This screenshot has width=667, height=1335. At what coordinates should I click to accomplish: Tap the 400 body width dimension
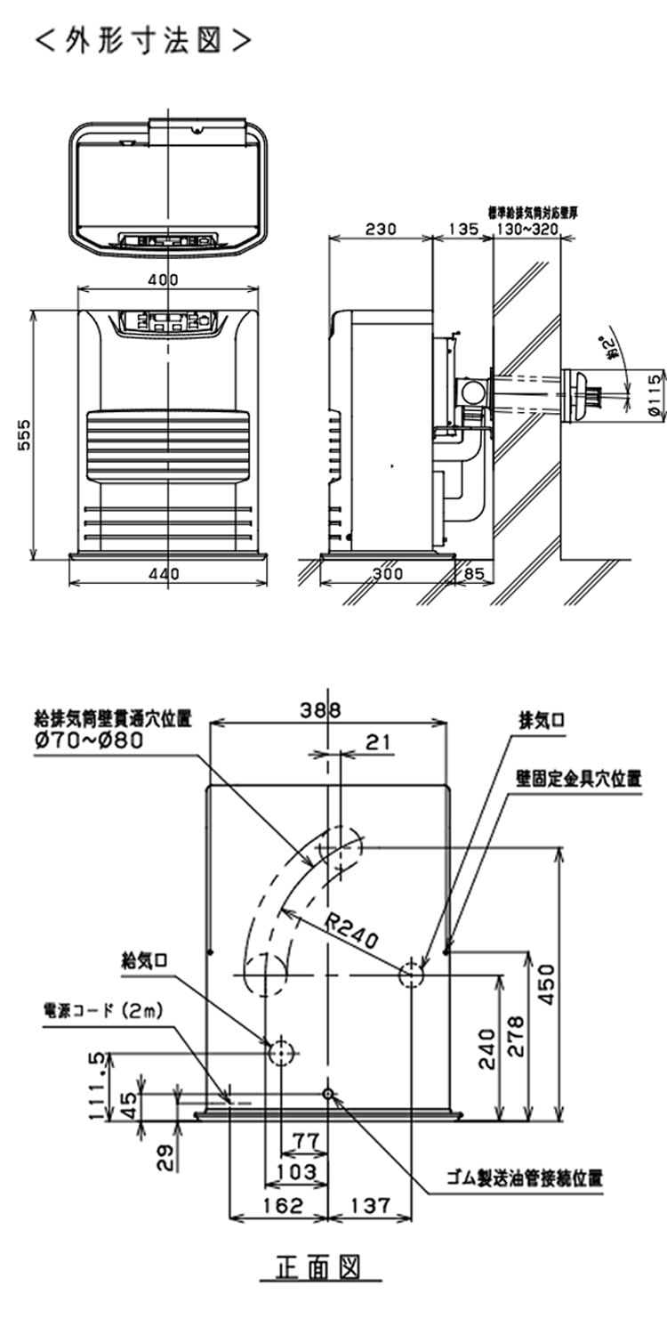coord(164,279)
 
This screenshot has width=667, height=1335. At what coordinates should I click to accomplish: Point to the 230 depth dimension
coord(381,229)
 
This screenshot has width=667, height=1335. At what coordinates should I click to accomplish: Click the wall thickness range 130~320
coord(528,229)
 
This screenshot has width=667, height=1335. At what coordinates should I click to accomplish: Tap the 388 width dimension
coord(320,710)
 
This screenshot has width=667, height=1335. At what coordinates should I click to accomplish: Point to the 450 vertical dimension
coord(547,983)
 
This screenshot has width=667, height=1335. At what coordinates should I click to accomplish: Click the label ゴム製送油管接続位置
coord(525,1178)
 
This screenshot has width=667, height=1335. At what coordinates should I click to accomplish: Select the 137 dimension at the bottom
coord(370,1206)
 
